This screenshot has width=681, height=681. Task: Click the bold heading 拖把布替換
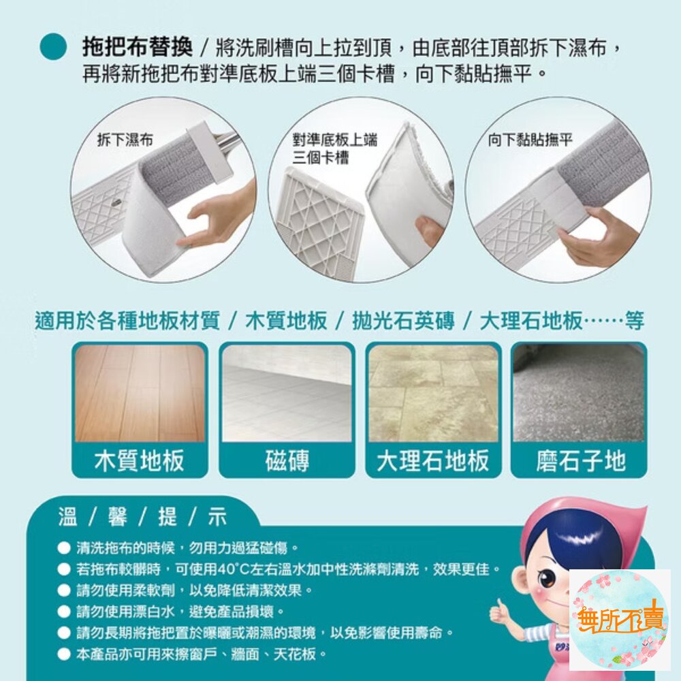[x=138, y=47]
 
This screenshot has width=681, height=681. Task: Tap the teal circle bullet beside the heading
[x=53, y=47]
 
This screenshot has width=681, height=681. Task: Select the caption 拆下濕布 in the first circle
[x=125, y=140]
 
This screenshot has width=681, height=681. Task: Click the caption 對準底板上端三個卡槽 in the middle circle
[x=334, y=148]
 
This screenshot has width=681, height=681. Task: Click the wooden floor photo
[x=140, y=394]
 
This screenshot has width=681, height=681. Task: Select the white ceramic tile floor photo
[x=287, y=394]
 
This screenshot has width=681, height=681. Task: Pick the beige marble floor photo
[x=433, y=394]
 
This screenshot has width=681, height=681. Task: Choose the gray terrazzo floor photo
[x=579, y=394]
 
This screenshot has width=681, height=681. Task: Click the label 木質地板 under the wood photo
[x=140, y=460]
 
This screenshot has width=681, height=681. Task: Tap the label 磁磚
[x=287, y=460]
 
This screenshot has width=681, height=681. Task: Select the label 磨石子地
[x=581, y=460]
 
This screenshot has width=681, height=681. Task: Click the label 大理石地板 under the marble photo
[x=433, y=460]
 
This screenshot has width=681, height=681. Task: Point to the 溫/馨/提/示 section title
[x=143, y=517]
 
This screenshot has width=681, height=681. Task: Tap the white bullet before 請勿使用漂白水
[x=64, y=612]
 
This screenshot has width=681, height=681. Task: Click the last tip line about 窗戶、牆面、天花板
[x=202, y=654]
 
